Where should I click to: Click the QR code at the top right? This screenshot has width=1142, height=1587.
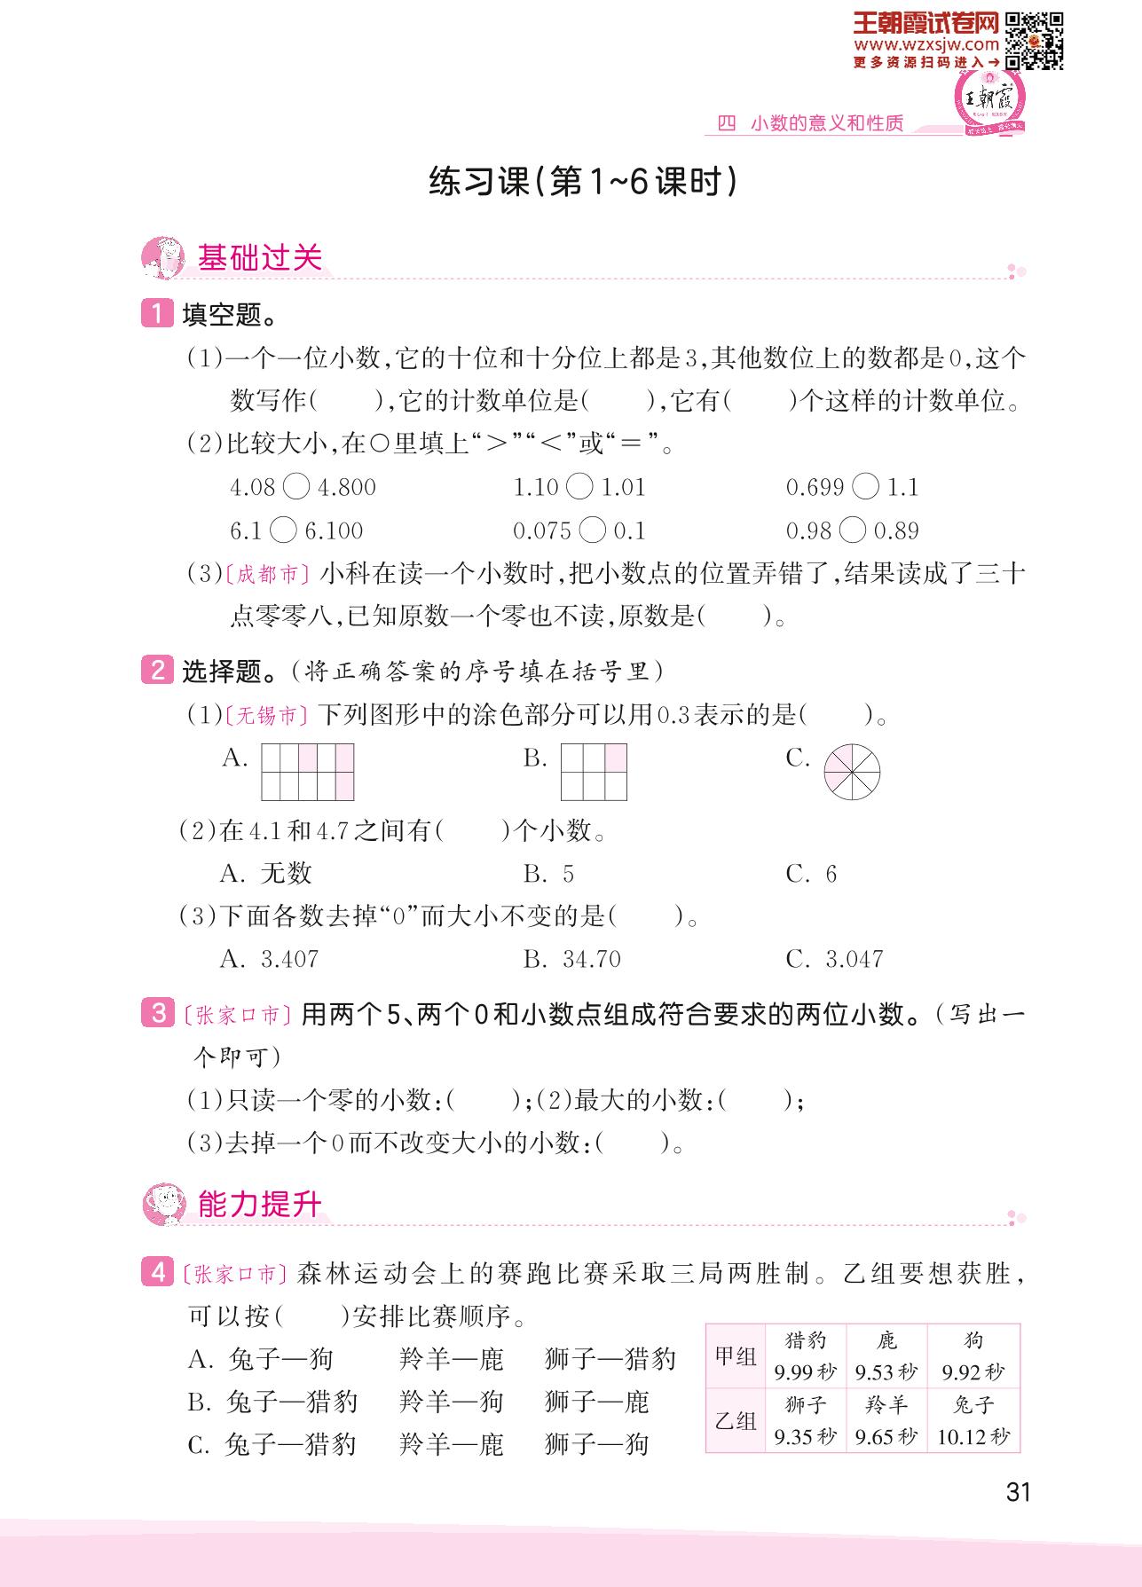pos(1034,40)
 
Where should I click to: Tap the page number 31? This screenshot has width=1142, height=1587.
pos(1019,1492)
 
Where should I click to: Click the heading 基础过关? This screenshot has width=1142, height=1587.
pos(259,258)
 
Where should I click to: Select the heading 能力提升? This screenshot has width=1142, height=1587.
pos(259,1205)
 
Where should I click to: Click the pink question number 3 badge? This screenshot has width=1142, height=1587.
pos(157,1013)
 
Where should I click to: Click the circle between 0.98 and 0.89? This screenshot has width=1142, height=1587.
pos(852,530)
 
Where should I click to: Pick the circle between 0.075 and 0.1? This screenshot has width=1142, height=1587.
pos(592,530)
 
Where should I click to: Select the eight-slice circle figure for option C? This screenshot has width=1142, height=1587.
pos(852,771)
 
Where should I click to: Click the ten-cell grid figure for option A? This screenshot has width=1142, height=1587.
pos(308,772)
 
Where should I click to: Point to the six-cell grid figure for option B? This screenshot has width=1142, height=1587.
pos(594,772)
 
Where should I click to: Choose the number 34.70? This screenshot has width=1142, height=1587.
pos(591,959)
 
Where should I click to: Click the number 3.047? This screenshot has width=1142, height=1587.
pos(854,959)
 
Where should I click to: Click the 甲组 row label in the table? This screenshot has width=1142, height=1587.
pos(736,1356)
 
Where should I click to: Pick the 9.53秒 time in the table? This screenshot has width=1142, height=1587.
pos(886,1373)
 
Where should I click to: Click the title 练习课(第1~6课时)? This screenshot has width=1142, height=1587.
pos(583,183)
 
